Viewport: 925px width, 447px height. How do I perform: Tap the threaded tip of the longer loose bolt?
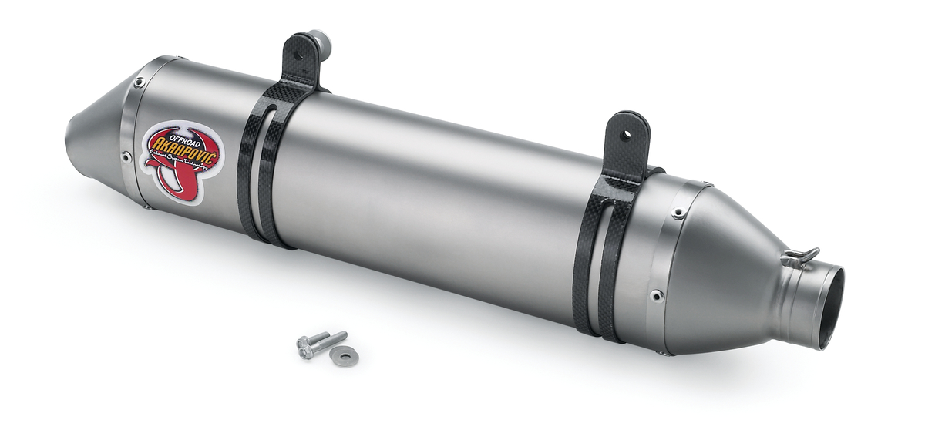[341, 335]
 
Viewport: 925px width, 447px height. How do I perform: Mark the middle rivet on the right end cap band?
[656, 294]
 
